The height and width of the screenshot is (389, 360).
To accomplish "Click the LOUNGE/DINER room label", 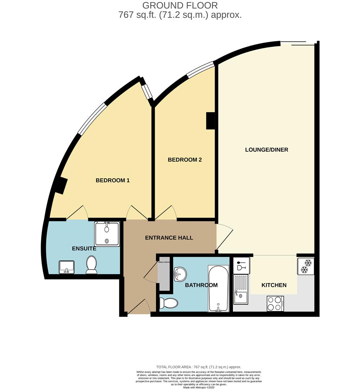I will (267, 149).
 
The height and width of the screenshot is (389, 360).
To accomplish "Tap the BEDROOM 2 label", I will (185, 160).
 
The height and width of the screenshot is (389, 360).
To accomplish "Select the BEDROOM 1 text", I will (112, 180).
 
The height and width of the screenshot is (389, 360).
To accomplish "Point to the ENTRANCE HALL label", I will (169, 238).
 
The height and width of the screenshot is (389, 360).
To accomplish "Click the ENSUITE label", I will (84, 249).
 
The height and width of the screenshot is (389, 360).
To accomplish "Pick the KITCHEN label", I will (274, 285).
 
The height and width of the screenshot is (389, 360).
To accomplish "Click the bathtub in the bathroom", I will (218, 288).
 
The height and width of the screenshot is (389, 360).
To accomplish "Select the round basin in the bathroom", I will (180, 274).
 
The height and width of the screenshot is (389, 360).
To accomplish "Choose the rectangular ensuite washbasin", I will (67, 267).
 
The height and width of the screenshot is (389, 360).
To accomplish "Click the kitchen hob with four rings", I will (275, 303).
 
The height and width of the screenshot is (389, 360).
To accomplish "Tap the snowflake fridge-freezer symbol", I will (306, 266).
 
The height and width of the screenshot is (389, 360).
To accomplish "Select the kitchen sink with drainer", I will (240, 290).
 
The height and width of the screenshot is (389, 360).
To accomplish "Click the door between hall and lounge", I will (224, 236).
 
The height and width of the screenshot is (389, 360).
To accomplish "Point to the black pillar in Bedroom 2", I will (210, 121).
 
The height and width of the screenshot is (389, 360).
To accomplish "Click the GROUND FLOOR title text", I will (180, 5).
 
